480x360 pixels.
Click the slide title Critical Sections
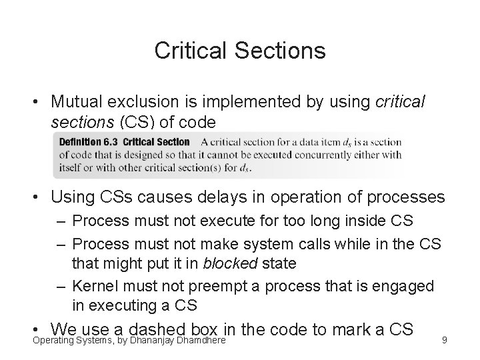point(240,51)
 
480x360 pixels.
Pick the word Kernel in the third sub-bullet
point(93,286)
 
